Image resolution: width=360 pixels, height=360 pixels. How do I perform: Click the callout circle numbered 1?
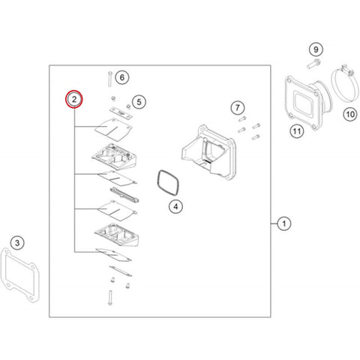284,223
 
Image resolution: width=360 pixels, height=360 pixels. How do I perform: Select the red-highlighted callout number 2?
74,99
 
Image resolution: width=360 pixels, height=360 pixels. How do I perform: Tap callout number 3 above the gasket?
17,243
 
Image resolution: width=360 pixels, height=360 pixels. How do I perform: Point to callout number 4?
175,206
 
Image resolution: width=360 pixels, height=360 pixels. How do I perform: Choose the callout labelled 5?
139,102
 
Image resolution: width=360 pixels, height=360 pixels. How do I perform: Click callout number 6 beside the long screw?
122,77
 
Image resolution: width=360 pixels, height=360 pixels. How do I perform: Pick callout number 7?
237,108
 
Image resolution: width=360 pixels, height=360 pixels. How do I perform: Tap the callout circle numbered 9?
316,49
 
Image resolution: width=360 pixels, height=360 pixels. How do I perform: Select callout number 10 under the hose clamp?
350,114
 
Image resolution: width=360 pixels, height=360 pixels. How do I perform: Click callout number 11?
297,131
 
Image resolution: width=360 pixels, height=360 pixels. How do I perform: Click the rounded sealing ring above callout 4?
158,184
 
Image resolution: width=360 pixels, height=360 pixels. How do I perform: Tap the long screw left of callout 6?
109,79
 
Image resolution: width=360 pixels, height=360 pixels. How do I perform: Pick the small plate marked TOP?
121,112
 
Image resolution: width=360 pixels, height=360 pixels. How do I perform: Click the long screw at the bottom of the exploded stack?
109,298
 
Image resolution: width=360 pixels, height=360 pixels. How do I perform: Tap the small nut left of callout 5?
113,98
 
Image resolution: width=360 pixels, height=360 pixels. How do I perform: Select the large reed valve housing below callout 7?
209,151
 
